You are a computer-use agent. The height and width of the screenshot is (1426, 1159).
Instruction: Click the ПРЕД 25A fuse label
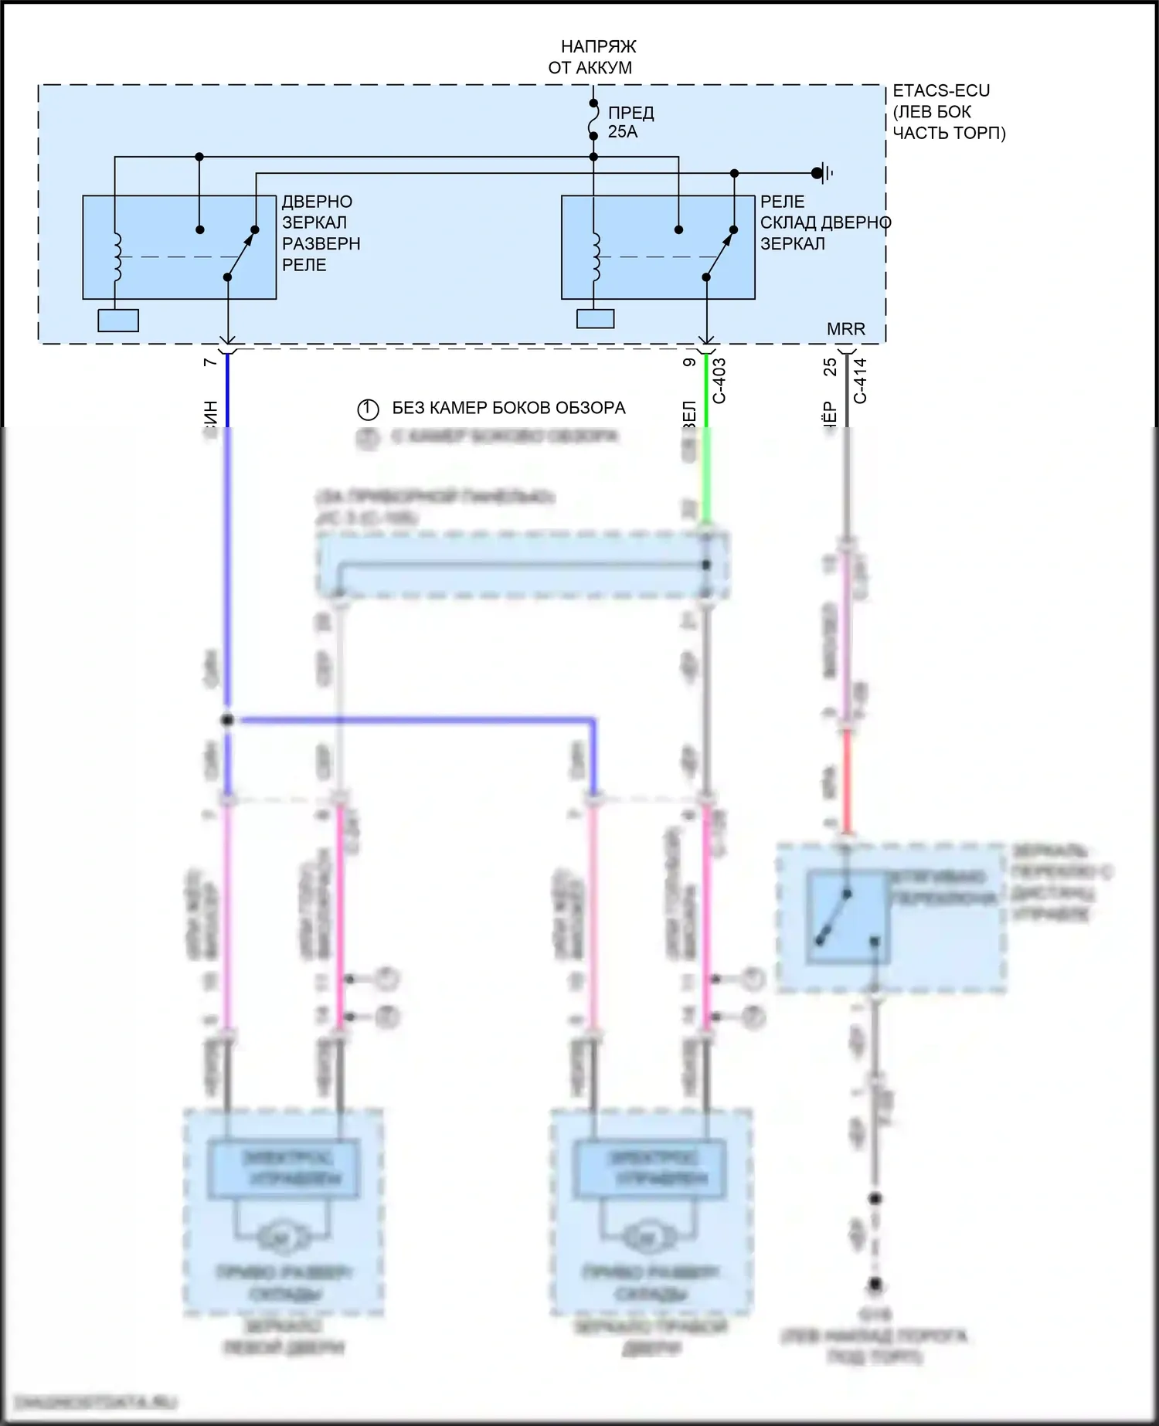point(630,122)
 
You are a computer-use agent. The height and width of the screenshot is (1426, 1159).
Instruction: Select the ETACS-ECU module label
point(948,112)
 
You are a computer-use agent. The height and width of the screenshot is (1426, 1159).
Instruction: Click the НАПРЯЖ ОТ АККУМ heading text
point(591,57)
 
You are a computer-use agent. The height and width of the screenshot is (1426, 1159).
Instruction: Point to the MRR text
point(845,329)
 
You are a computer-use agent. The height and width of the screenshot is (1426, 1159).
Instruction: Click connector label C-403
point(719,380)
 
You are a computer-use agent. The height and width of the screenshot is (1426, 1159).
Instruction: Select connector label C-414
point(861,380)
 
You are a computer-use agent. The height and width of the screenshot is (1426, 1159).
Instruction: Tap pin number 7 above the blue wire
point(210,362)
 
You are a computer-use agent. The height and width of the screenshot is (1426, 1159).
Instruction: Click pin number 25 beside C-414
point(830,366)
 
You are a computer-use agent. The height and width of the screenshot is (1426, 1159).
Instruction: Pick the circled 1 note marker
point(368,409)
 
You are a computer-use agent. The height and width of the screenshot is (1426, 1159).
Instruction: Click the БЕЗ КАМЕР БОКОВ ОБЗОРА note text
point(508,408)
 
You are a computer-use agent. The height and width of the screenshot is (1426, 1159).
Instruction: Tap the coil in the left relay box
point(117,256)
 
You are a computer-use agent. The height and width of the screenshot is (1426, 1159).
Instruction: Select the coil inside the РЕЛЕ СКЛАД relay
point(596,256)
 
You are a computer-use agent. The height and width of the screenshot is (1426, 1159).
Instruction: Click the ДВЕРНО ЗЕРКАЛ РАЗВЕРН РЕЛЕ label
point(321,233)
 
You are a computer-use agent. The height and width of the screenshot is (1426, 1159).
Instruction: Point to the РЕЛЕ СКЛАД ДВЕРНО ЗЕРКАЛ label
point(824,222)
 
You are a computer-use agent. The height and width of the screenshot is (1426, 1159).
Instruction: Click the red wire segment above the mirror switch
point(847,780)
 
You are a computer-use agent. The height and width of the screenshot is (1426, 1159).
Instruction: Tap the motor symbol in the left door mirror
point(275,1239)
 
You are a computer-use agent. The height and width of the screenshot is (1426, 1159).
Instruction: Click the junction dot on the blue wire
point(227,720)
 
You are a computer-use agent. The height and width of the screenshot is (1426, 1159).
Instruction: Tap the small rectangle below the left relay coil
point(118,321)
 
